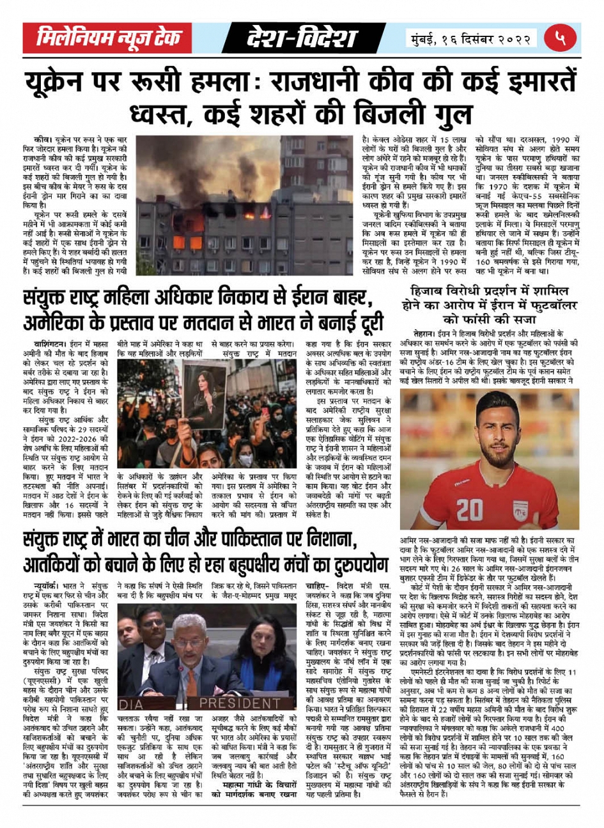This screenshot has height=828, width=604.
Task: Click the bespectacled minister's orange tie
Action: click(191, 679)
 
